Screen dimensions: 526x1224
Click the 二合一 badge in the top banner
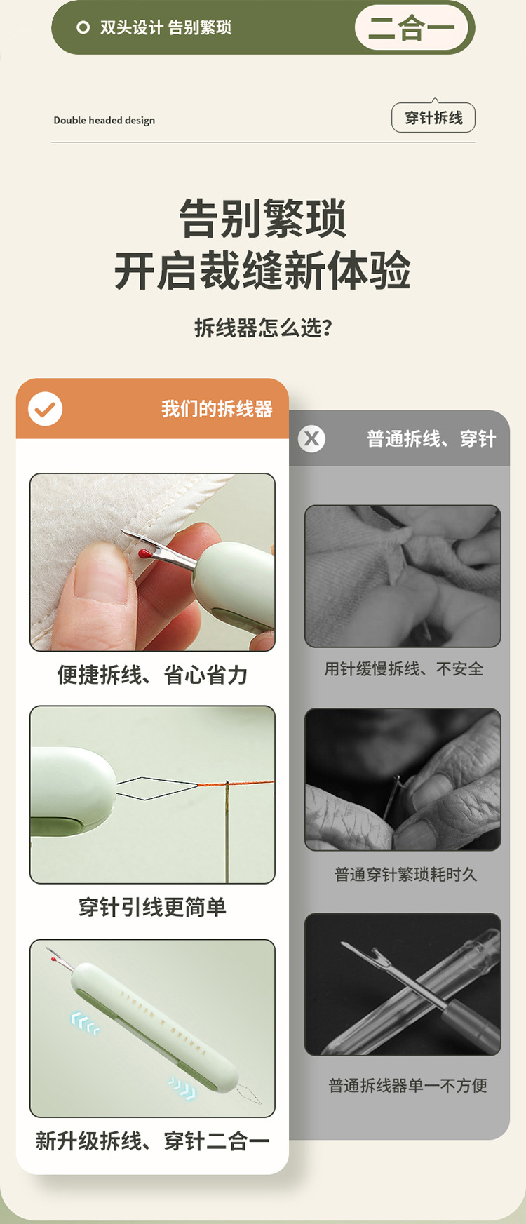pos(411,28)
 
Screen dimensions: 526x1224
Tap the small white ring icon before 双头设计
pos(83,27)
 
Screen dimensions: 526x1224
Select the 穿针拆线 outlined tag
pos(433,118)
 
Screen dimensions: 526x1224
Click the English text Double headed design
pos(104,121)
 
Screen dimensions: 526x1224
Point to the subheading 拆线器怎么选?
pos(263,328)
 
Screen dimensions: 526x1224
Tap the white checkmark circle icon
pos(46,409)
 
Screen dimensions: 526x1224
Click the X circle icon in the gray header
pos(311,439)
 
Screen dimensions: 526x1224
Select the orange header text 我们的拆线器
pos(217,409)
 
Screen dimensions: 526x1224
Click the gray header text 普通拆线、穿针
pos(431,439)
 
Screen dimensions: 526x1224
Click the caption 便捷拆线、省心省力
pos(152,675)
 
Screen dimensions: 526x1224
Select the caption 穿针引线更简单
pos(152,907)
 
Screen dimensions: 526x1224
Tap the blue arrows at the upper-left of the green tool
pos(85,1023)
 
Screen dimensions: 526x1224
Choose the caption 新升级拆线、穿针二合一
pos(152,1141)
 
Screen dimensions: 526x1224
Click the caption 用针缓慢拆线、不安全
pos(403,669)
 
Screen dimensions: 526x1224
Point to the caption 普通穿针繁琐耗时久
pos(405,875)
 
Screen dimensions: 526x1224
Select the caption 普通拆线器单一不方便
pos(407,1086)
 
